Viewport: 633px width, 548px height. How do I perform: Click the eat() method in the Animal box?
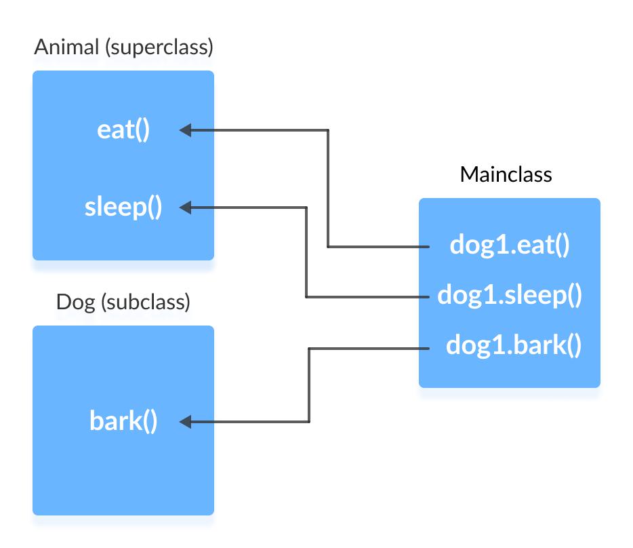point(123,130)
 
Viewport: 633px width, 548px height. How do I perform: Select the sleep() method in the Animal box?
point(123,207)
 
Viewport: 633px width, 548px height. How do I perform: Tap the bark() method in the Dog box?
point(123,421)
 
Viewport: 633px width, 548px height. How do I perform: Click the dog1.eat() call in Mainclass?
point(509,246)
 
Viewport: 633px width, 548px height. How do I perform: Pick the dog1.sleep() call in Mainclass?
point(510,296)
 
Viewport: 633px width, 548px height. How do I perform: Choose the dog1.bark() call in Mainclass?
point(514,347)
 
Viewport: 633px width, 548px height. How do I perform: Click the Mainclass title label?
point(506,174)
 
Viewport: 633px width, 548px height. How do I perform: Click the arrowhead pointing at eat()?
point(185,130)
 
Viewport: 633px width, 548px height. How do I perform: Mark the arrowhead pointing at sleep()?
point(185,208)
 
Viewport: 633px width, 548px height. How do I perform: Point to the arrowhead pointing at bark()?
point(185,422)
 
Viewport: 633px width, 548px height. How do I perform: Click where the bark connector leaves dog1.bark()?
point(428,349)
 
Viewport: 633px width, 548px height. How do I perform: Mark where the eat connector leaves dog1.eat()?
point(428,246)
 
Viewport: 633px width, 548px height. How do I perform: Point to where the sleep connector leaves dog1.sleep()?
point(428,297)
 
